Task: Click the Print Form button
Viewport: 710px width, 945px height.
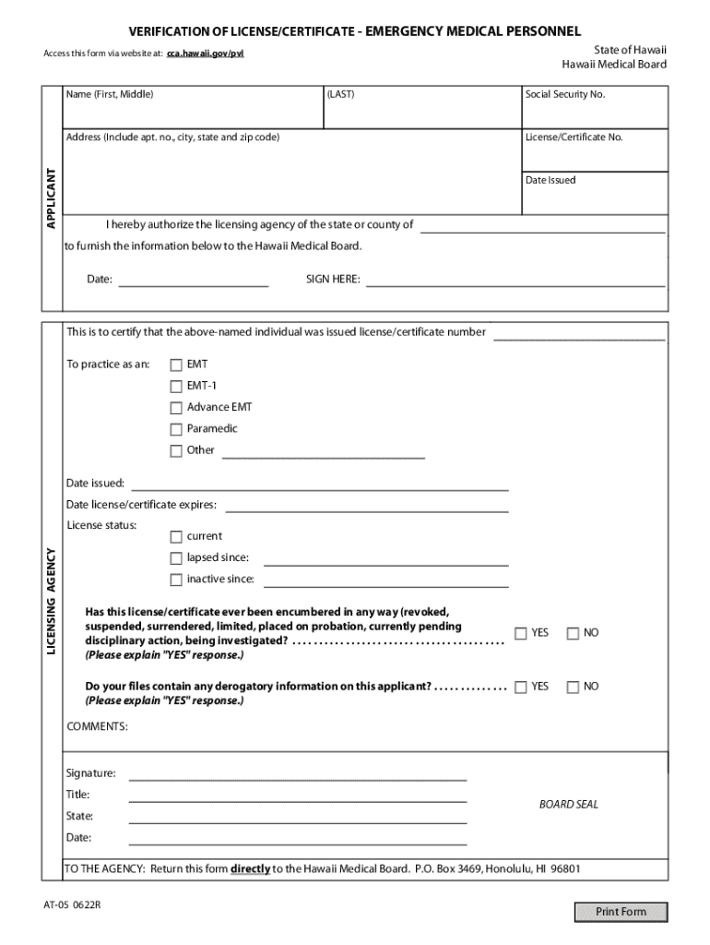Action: tap(621, 912)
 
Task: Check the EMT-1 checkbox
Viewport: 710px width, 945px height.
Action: tap(176, 386)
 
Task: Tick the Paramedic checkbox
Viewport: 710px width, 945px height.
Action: tap(176, 429)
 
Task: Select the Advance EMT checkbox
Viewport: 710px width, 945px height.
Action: tap(176, 407)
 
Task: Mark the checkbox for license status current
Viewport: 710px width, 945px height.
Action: tap(176, 536)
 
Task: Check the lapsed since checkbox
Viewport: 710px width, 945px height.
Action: tap(176, 558)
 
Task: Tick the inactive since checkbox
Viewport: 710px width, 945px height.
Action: tap(176, 580)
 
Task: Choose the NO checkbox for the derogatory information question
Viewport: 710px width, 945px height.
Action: tap(573, 687)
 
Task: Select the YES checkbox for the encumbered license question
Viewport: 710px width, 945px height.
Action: tap(521, 633)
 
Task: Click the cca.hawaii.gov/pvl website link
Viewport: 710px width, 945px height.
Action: tap(206, 54)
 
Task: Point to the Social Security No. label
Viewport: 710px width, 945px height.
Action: tap(565, 94)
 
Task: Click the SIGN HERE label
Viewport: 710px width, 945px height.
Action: tap(333, 280)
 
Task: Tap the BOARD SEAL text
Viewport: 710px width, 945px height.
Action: tap(569, 805)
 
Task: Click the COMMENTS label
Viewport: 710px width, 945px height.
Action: tap(98, 727)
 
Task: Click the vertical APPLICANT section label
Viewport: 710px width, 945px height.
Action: tap(52, 198)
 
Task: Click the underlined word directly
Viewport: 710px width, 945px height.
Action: tap(250, 869)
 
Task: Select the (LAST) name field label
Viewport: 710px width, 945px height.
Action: tap(340, 94)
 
